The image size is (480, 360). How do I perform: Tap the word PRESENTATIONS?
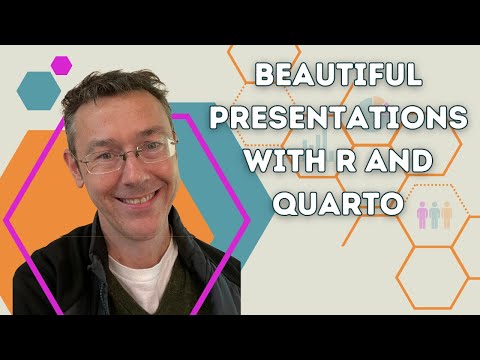(360, 118)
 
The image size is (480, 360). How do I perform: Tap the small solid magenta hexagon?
(61, 64)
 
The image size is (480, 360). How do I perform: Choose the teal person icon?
(433, 215)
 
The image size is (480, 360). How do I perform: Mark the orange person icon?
(447, 215)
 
